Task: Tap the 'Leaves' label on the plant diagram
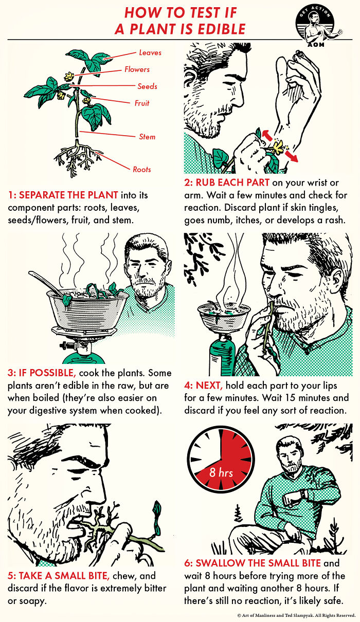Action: (150, 52)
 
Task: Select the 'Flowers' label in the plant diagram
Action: (137, 69)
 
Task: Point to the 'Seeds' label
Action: (147, 86)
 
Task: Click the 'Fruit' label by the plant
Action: (142, 103)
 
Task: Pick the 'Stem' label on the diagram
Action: (147, 137)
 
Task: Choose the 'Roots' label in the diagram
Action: (142, 169)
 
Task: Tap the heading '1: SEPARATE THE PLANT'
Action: (63, 195)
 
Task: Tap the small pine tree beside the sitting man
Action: (238, 514)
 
